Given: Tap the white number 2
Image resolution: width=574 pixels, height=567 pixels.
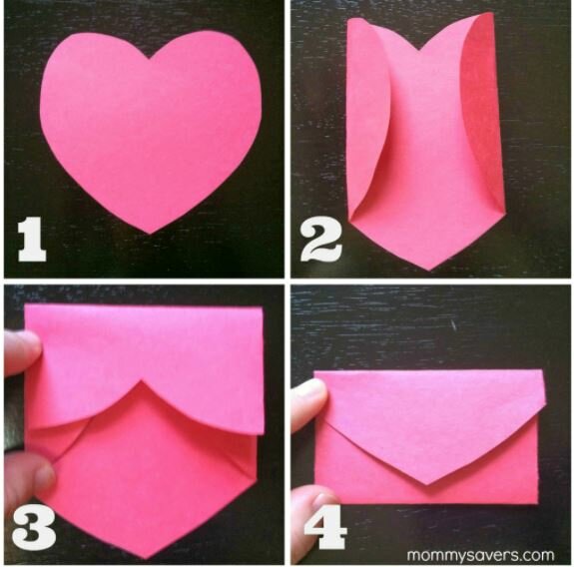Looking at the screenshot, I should [321, 241].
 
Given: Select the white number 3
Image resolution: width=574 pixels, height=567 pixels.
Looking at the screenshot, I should [31, 528].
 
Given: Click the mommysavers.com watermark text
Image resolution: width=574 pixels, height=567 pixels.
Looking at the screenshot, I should [481, 552].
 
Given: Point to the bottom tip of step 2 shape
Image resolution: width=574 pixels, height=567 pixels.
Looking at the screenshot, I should [427, 268].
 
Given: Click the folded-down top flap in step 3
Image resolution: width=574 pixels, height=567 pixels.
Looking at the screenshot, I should [145, 349].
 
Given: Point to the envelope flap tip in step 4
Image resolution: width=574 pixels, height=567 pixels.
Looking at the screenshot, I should [427, 484].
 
